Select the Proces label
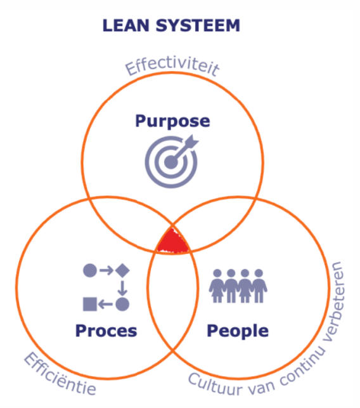(x=106, y=331)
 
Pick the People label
(x=238, y=331)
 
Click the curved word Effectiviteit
(x=171, y=67)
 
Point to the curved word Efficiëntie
(x=60, y=374)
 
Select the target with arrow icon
(x=171, y=159)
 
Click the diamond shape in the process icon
(x=122, y=270)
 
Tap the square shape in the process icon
(x=89, y=304)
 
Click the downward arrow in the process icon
(x=122, y=287)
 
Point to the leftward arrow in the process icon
(x=106, y=304)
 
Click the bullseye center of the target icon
(x=169, y=162)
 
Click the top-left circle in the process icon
(x=89, y=270)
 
